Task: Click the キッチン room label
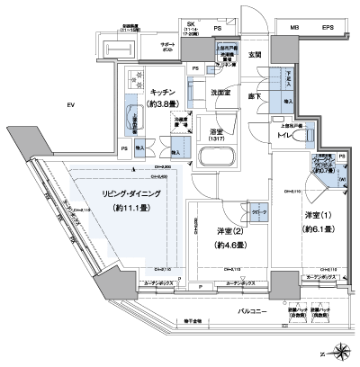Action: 163,92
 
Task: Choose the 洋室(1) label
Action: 316,217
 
